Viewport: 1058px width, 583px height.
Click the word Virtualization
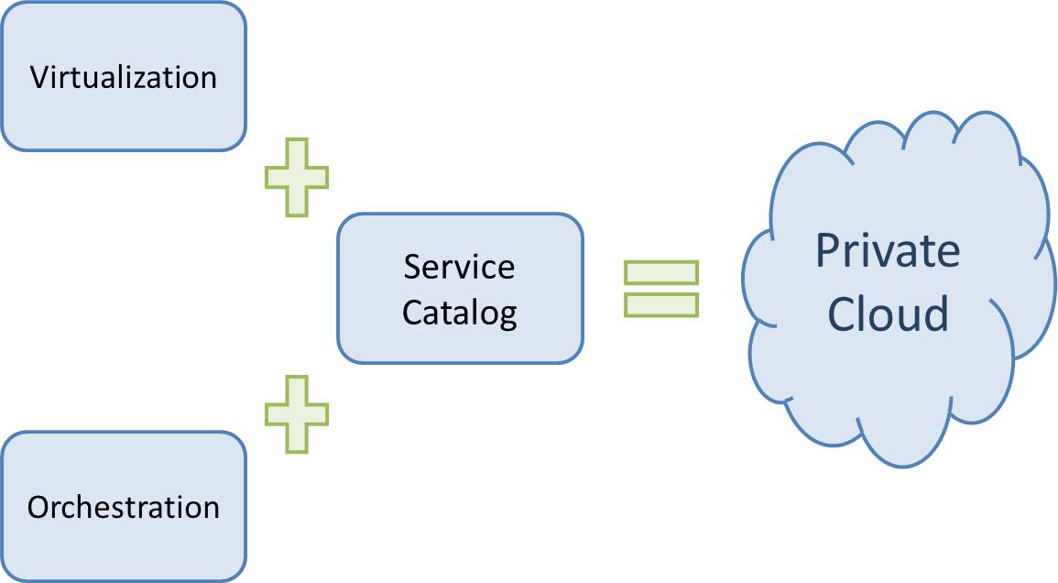124,77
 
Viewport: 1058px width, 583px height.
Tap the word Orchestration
124,507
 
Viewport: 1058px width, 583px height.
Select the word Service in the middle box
459,267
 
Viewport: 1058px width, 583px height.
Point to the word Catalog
460,313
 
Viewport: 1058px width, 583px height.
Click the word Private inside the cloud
888,250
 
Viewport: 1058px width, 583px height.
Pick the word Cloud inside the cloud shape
888,313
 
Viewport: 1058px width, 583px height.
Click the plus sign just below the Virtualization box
296,178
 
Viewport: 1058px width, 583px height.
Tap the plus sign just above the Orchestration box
296,414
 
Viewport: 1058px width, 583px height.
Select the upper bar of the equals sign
661,272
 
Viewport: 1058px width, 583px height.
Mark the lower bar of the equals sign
661,304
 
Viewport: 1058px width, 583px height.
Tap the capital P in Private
829,250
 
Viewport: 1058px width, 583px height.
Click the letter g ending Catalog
507,316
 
